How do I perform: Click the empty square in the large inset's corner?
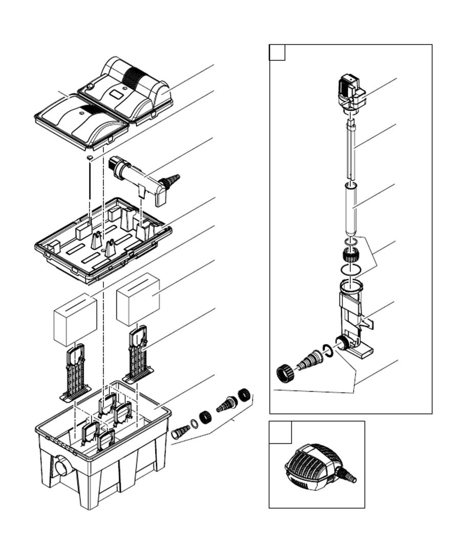point(277,53)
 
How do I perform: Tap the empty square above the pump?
point(280,432)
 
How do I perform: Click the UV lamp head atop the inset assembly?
point(351,92)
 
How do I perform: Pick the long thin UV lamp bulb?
point(350,148)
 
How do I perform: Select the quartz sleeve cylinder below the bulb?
point(351,210)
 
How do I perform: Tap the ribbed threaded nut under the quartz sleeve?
point(350,253)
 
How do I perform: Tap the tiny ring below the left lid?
point(90,157)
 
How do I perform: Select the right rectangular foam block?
point(138,299)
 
